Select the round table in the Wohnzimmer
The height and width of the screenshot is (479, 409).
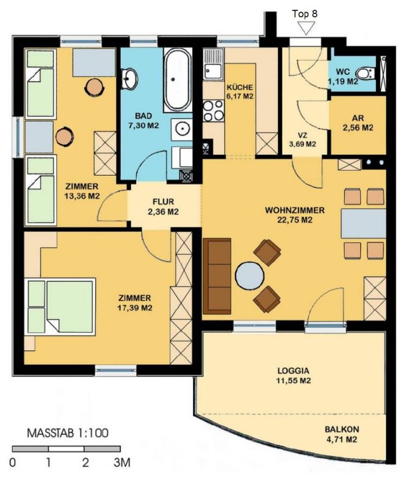click(250, 275)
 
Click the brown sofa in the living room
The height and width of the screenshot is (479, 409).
click(218, 275)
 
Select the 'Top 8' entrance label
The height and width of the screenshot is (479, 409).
click(305, 12)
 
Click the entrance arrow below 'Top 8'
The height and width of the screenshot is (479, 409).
click(305, 27)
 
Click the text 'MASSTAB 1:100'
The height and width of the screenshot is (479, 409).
click(68, 434)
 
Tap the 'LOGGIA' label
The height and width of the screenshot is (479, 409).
click(294, 370)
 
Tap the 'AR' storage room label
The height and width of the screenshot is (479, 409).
click(358, 118)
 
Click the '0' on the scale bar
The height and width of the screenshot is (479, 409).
click(13, 463)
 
